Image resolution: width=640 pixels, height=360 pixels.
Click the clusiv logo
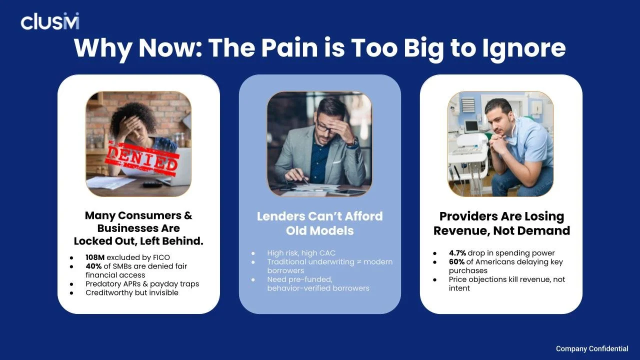point(49,21)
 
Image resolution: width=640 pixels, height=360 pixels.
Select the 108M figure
point(95,257)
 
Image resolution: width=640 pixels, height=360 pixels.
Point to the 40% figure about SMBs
point(93,266)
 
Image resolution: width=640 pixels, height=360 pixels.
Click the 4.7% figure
point(457,253)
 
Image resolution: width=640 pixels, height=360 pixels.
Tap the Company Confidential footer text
point(592,348)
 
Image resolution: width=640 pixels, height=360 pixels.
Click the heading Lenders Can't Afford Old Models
point(319,223)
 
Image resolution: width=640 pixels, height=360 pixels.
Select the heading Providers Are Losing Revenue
point(501,223)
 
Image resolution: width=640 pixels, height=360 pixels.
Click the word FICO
point(160,257)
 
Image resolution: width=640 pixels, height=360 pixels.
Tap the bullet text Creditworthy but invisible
point(132,292)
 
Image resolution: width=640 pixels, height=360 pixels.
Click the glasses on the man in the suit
point(325,128)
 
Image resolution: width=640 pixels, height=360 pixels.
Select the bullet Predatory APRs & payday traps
point(142,283)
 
